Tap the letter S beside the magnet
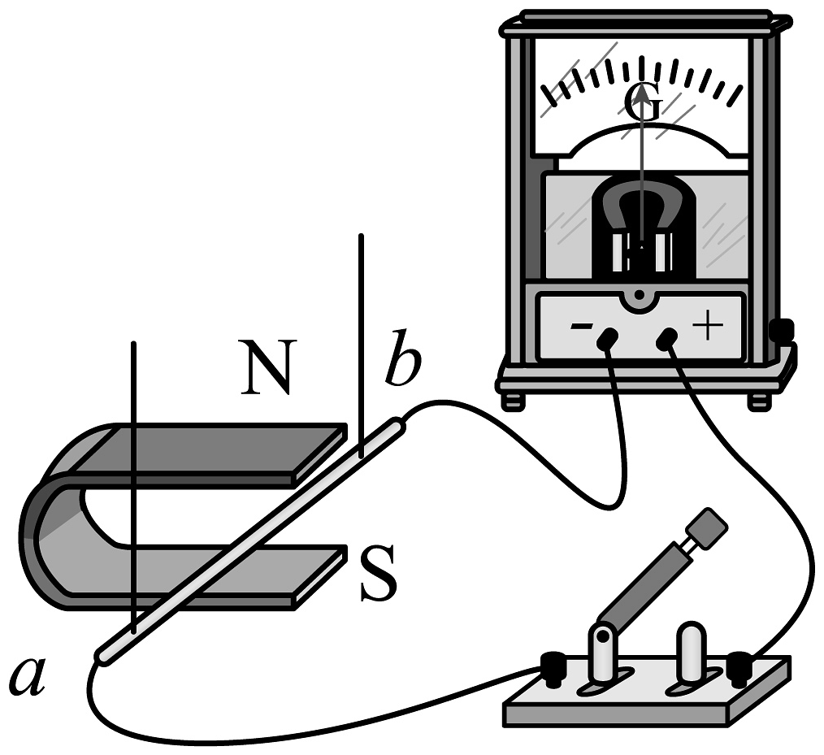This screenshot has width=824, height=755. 378,575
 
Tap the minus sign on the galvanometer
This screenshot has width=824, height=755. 581,327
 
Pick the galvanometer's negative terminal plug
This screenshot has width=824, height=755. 605,341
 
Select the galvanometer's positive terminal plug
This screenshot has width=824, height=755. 668,339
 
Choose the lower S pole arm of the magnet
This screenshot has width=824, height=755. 236,573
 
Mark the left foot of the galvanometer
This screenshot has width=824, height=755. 512,401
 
